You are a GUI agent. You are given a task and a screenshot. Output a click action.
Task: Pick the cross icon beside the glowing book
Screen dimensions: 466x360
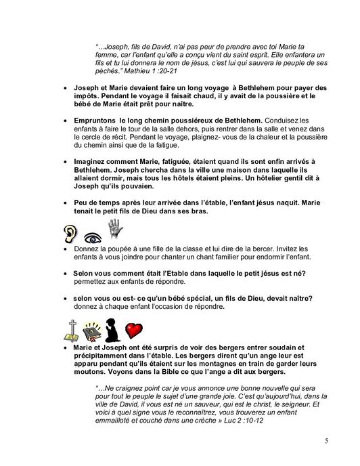coord(72,328)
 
